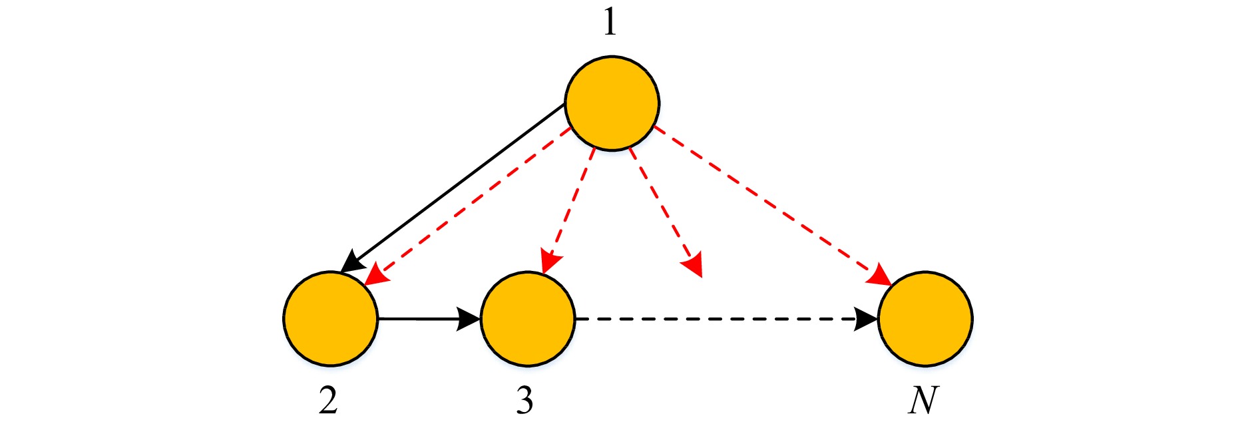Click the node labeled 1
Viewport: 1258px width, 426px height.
tap(612, 103)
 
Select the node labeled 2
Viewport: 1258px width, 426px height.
tap(331, 319)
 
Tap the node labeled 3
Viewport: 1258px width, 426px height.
tap(528, 319)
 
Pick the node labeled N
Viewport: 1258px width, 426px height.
tap(925, 319)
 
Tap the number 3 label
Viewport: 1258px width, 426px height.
tap(524, 399)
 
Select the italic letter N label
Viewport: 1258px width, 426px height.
tap(923, 399)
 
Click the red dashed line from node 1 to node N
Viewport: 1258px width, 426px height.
tap(772, 206)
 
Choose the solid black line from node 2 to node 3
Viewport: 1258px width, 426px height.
tap(429, 319)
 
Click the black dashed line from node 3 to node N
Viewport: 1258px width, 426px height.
tap(727, 319)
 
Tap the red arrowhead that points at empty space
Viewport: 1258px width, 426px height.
tap(692, 266)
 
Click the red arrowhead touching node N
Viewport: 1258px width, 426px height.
tap(880, 276)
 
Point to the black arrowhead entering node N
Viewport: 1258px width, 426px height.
tap(867, 319)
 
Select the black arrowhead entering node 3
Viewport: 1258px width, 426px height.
tap(469, 319)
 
